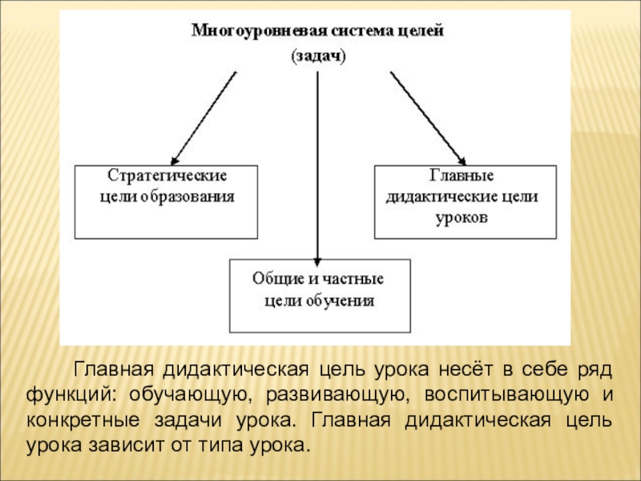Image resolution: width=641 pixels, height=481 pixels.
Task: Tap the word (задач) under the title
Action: (x=317, y=57)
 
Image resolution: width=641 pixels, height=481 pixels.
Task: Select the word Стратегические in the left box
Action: (x=167, y=176)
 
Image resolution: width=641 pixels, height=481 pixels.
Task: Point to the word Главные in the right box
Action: (x=464, y=176)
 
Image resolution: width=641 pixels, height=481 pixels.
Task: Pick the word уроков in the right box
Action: (x=464, y=216)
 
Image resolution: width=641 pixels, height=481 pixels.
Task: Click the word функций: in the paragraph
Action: (x=71, y=396)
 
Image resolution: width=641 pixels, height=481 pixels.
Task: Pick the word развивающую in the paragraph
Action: (x=336, y=396)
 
